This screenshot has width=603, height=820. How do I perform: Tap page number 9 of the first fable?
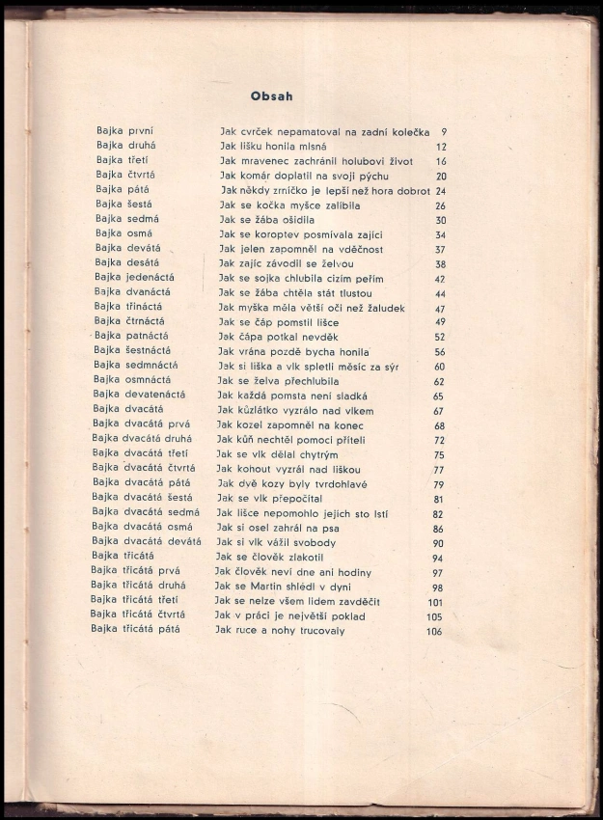pyautogui.click(x=443, y=132)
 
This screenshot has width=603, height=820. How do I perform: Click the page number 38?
pyautogui.click(x=440, y=263)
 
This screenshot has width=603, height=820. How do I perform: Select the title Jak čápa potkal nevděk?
pyautogui.click(x=278, y=337)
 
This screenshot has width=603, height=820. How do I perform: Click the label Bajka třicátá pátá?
pyautogui.click(x=136, y=629)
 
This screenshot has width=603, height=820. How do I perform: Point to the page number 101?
pyautogui.click(x=433, y=602)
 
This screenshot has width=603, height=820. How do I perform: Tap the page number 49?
pyautogui.click(x=440, y=322)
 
